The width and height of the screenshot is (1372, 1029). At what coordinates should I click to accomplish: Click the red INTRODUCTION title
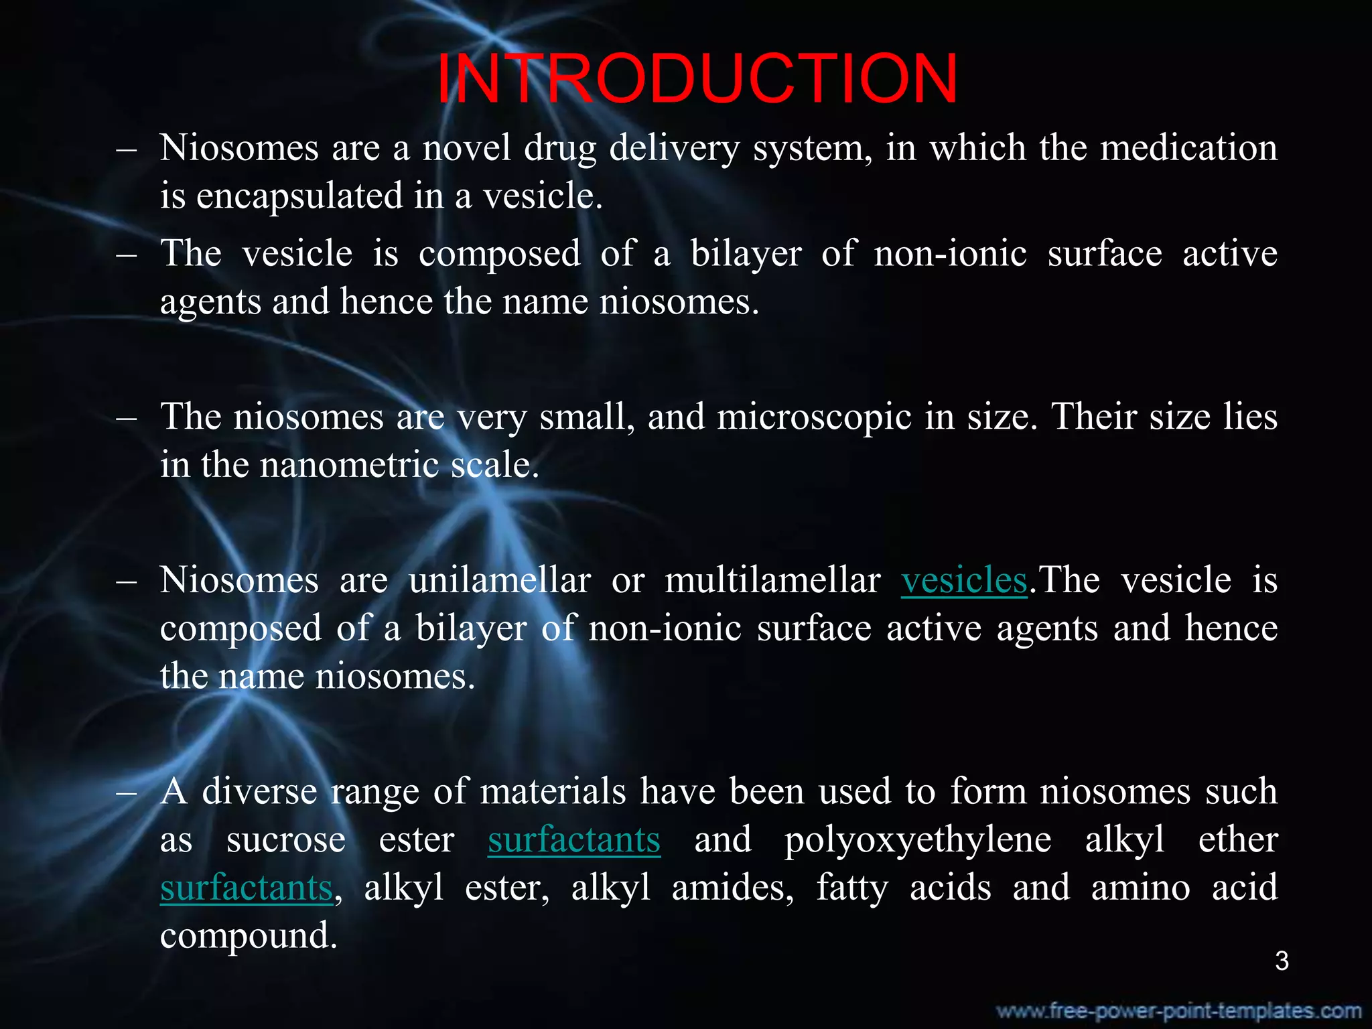coord(697,79)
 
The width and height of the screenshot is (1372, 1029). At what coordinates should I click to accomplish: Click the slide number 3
coord(1282,961)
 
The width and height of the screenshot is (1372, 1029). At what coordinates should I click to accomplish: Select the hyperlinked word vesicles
coord(964,580)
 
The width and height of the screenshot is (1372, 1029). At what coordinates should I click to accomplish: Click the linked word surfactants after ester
coord(574,840)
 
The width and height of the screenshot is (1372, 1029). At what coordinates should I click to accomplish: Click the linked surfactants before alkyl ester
coord(247,888)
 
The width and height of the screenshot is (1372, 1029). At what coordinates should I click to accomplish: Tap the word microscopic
coord(815,417)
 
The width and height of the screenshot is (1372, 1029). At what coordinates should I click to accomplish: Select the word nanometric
coord(348,465)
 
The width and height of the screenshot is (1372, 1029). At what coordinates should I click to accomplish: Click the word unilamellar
coord(500,580)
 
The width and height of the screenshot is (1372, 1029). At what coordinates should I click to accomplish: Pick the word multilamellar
coord(772,580)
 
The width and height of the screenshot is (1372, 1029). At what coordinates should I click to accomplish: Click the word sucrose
coord(286,840)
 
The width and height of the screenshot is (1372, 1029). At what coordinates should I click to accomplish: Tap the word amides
coord(733,888)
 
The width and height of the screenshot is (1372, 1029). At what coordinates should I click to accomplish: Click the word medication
coord(1189,148)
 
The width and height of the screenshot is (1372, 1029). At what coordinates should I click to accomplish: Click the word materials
coord(553,792)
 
